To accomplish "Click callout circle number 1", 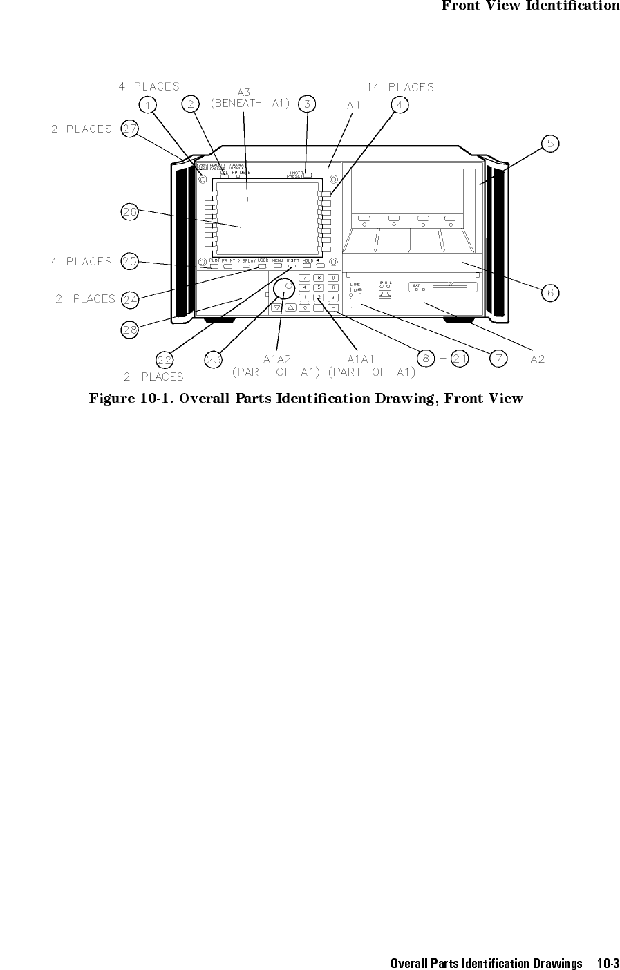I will click(x=147, y=104).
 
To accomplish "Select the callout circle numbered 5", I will click(x=550, y=143).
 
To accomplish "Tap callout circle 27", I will click(x=129, y=129).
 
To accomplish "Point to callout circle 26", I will click(x=130, y=212).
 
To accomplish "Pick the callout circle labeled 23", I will click(x=214, y=359).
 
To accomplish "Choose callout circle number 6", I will click(x=550, y=293).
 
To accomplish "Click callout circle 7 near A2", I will click(x=498, y=358).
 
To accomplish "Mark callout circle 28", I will click(x=130, y=330).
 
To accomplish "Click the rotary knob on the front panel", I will click(x=283, y=289).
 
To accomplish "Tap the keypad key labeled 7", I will click(x=306, y=278).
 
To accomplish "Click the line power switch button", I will click(x=356, y=302).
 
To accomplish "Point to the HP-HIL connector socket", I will click(x=386, y=294).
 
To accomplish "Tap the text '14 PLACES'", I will click(x=400, y=88).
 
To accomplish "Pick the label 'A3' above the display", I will click(x=244, y=92).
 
